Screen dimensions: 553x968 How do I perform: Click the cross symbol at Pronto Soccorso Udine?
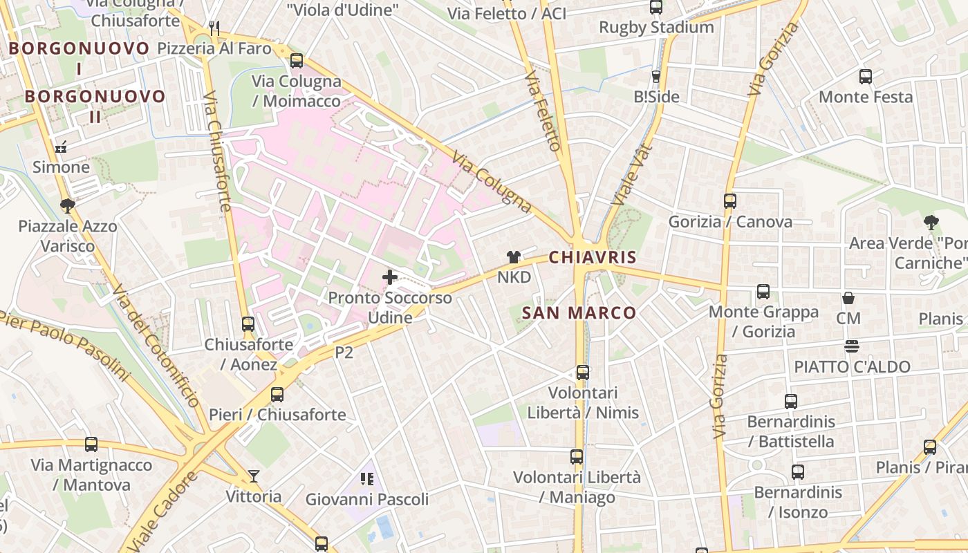click(390, 277)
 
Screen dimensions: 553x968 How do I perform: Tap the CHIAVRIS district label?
click(593, 257)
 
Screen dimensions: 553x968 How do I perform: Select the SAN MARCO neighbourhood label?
click(579, 312)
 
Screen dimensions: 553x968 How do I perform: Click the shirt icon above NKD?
click(513, 257)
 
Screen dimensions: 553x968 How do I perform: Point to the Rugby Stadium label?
click(656, 28)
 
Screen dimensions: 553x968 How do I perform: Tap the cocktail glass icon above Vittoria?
click(254, 476)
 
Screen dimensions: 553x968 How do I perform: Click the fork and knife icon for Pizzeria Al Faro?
click(214, 28)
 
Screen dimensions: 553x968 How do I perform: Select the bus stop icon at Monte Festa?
click(865, 77)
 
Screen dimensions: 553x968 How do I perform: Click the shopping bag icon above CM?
click(848, 299)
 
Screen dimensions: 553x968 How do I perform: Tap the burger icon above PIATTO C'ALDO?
click(851, 346)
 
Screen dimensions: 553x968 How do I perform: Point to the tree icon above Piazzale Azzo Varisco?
click(67, 205)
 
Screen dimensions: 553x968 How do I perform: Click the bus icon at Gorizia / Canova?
click(729, 201)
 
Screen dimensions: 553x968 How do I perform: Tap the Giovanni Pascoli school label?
click(367, 499)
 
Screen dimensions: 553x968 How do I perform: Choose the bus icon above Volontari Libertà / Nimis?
click(583, 373)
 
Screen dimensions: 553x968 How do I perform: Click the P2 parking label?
click(344, 353)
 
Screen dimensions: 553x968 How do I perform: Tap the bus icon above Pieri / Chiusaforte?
click(277, 395)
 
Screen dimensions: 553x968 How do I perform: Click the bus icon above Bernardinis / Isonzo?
click(798, 472)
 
